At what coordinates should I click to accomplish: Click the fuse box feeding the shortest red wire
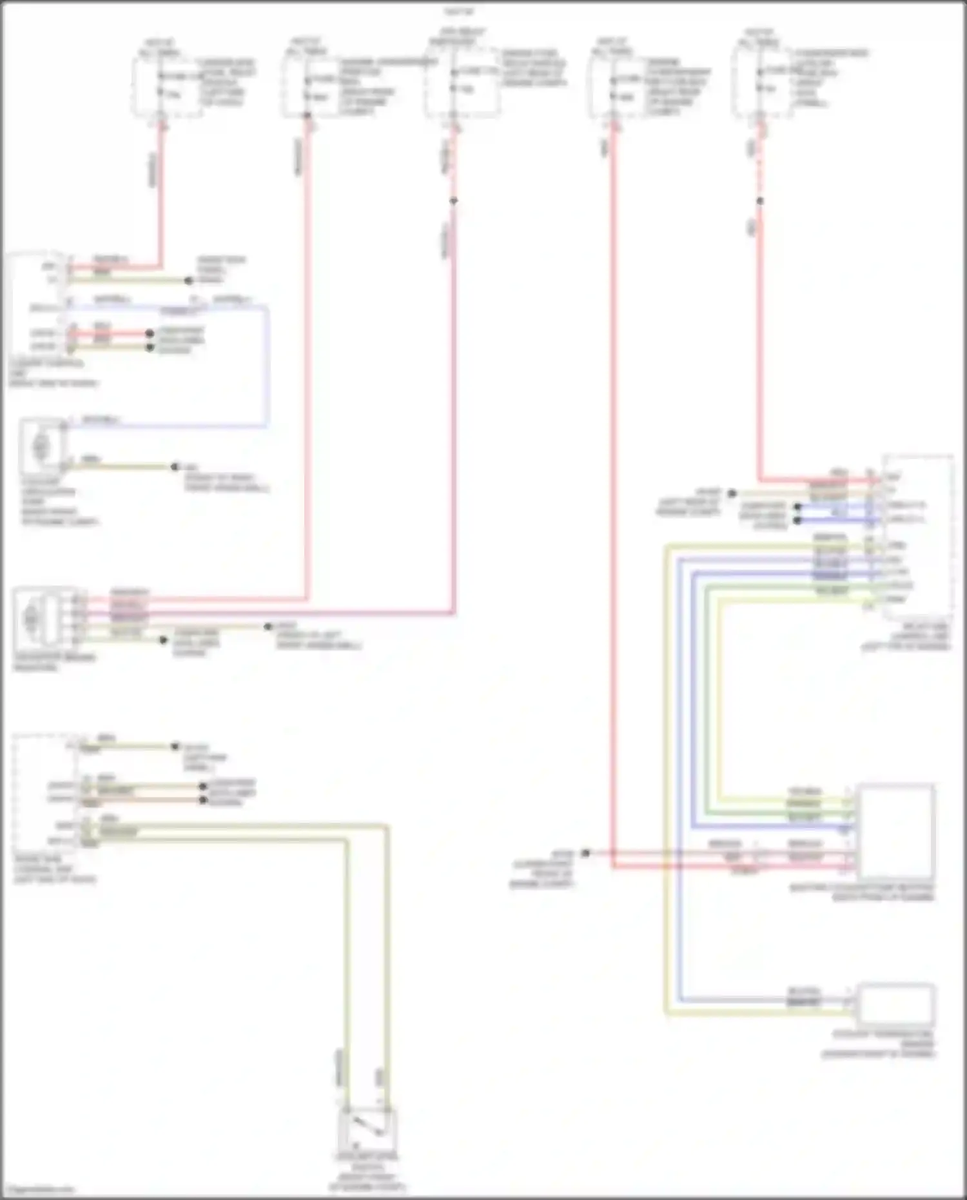click(x=166, y=87)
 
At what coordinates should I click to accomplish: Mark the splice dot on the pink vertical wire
click(x=454, y=201)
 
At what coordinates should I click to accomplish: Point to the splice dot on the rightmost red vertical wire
click(x=760, y=201)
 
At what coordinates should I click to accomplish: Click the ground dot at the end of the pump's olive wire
click(x=175, y=466)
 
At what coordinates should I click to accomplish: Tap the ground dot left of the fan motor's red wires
click(x=585, y=853)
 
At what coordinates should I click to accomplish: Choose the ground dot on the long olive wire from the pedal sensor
click(x=268, y=626)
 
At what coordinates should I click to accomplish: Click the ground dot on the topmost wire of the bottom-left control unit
click(x=175, y=746)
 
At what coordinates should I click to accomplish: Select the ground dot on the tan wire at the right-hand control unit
click(x=732, y=494)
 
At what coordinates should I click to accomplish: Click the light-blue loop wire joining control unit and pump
click(x=266, y=368)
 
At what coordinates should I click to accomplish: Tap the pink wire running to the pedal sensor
click(x=454, y=419)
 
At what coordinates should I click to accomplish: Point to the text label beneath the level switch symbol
click(x=366, y=1171)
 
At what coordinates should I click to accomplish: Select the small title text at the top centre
click(x=459, y=12)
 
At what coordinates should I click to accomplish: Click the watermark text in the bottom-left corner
click(x=39, y=1189)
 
